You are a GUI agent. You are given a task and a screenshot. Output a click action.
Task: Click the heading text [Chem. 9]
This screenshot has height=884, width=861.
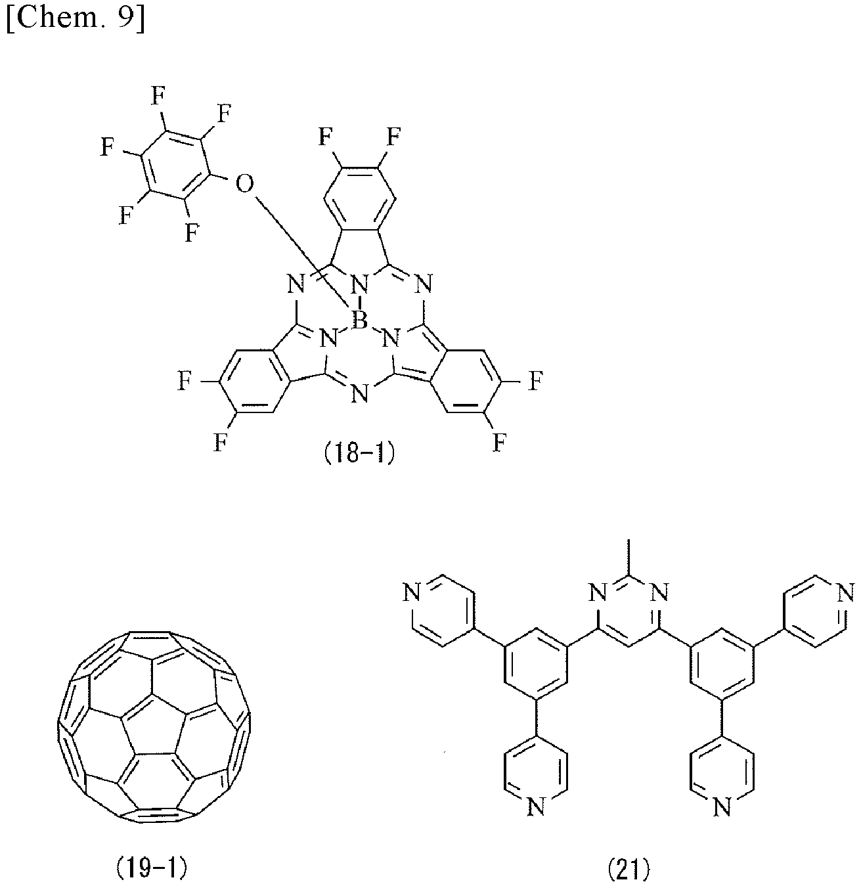(x=76, y=20)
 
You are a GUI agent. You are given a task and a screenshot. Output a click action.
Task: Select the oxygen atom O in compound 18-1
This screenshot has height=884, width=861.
(x=244, y=185)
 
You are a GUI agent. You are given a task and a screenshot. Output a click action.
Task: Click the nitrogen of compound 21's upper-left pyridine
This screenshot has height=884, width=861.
(x=412, y=593)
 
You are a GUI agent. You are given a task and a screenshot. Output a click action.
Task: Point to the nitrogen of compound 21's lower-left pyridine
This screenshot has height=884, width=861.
(x=536, y=807)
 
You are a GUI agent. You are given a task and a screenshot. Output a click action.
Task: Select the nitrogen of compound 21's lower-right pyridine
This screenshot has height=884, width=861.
(x=722, y=807)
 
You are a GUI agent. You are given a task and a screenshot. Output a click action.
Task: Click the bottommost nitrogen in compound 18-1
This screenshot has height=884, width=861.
(x=359, y=393)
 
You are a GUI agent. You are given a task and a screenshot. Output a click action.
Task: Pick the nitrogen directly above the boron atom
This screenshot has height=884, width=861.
(x=359, y=285)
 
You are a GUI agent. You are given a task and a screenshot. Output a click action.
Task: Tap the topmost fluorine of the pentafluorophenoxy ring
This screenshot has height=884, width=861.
(x=158, y=95)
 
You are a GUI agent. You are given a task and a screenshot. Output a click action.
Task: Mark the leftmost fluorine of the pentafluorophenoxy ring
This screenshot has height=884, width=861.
(x=107, y=146)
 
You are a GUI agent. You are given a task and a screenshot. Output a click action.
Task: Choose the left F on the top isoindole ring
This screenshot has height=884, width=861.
(x=325, y=137)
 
